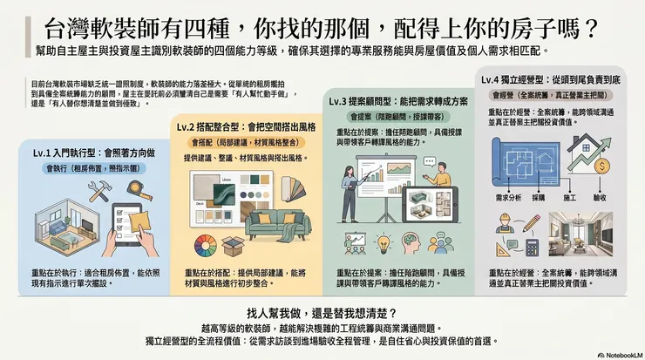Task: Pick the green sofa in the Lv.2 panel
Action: tap(276, 222)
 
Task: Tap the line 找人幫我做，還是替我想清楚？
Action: tap(322, 312)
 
